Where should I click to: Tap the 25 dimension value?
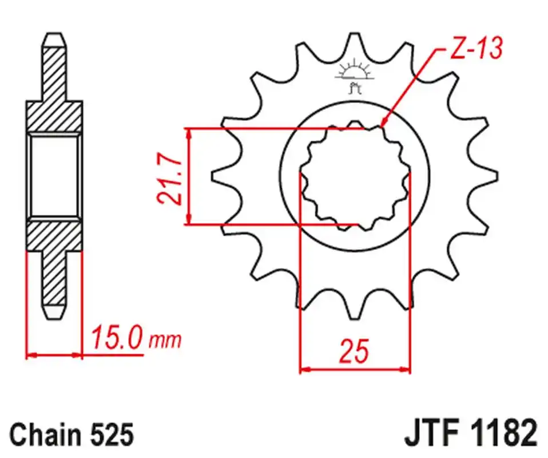(x=354, y=352)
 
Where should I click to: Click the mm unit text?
(x=165, y=341)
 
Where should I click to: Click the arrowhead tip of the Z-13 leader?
(x=382, y=124)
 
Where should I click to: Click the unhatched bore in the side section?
(x=54, y=176)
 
